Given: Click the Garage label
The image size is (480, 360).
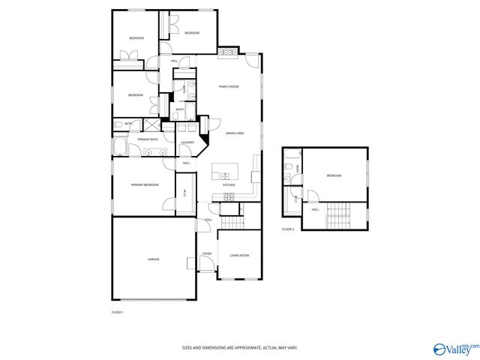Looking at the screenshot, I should pos(153,259).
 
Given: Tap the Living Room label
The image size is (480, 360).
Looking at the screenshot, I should pos(239,255).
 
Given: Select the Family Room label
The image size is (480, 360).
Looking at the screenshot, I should pos(228,87).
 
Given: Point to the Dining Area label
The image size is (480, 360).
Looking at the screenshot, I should pos(235,133).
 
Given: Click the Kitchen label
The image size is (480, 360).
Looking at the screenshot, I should pos(229,184).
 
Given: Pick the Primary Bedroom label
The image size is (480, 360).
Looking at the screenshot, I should pos(145,184).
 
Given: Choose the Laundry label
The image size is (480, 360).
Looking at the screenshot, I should pos(187,142).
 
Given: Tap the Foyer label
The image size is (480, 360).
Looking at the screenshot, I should pos(207,253).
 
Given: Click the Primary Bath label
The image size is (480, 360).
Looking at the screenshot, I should pos(148,139).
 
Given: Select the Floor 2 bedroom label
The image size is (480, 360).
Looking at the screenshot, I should pos(334,175).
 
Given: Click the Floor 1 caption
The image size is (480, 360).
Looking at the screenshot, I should pos(117,311).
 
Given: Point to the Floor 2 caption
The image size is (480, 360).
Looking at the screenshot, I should pos(288,229).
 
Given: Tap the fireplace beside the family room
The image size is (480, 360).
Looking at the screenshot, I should pos(228,52).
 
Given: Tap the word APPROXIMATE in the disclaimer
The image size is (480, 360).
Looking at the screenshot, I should pos(244,348).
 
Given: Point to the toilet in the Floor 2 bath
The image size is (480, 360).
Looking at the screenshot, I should pos(288,178).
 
